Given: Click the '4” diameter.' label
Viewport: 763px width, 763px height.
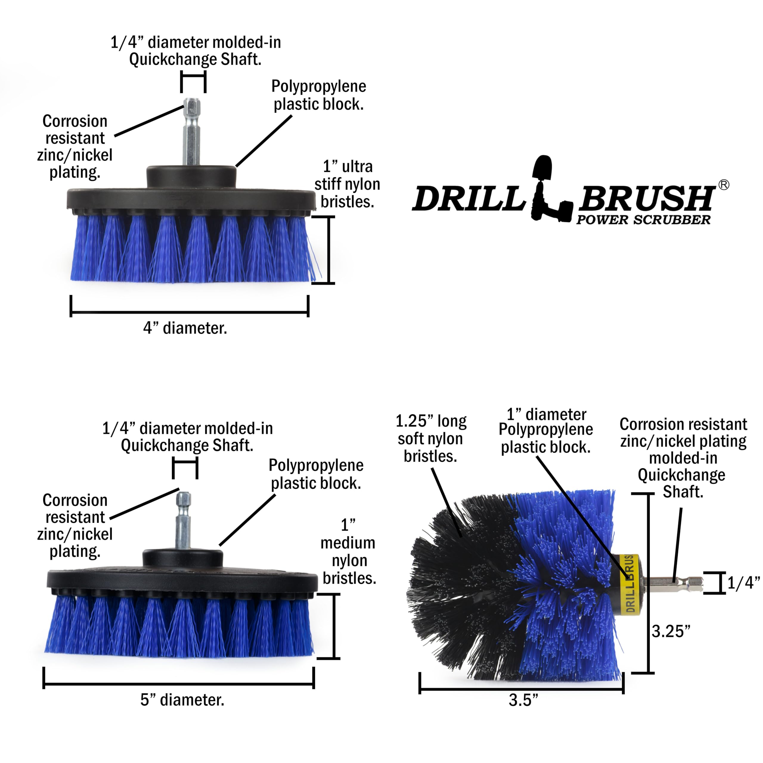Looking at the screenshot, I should (x=185, y=328).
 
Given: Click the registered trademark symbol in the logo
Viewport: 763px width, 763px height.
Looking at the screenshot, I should (x=723, y=185).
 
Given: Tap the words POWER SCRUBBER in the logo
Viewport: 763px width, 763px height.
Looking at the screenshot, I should (x=643, y=220).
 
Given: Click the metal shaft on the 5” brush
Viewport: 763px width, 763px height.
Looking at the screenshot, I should (x=183, y=521).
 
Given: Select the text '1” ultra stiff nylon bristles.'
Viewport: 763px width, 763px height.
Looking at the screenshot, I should (x=347, y=184).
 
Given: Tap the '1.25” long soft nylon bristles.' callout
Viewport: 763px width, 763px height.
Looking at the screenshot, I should (x=431, y=438).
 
